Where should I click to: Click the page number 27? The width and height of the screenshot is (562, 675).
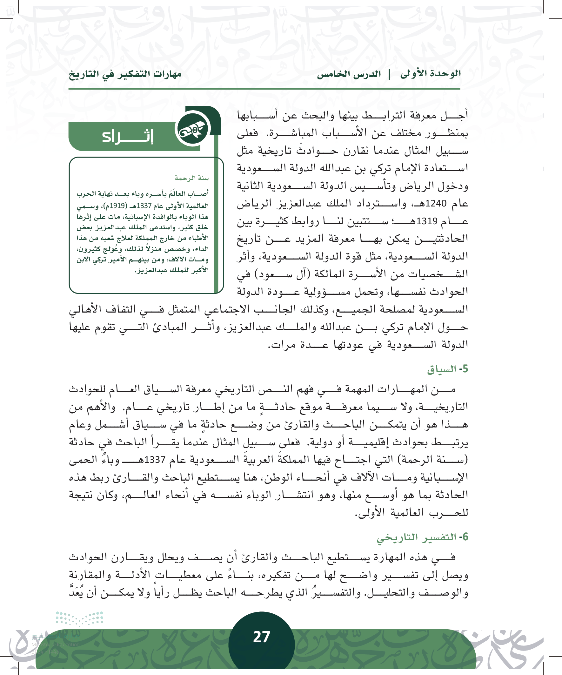[x=261, y=637]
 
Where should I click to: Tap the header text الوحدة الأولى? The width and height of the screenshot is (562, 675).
[x=430, y=74]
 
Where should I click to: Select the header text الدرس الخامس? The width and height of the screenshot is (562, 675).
[x=349, y=74]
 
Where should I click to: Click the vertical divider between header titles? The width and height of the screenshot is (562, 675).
[x=390, y=74]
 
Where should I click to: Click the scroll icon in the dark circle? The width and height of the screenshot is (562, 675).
[x=193, y=129]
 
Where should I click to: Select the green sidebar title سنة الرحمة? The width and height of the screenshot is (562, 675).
[x=191, y=178]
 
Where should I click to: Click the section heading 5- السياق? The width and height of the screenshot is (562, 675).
[x=447, y=369]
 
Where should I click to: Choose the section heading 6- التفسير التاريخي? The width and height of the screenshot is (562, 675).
[x=422, y=537]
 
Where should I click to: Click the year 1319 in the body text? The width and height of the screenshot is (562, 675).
[x=427, y=221]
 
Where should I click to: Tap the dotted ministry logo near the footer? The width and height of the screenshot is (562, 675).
[x=79, y=619]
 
